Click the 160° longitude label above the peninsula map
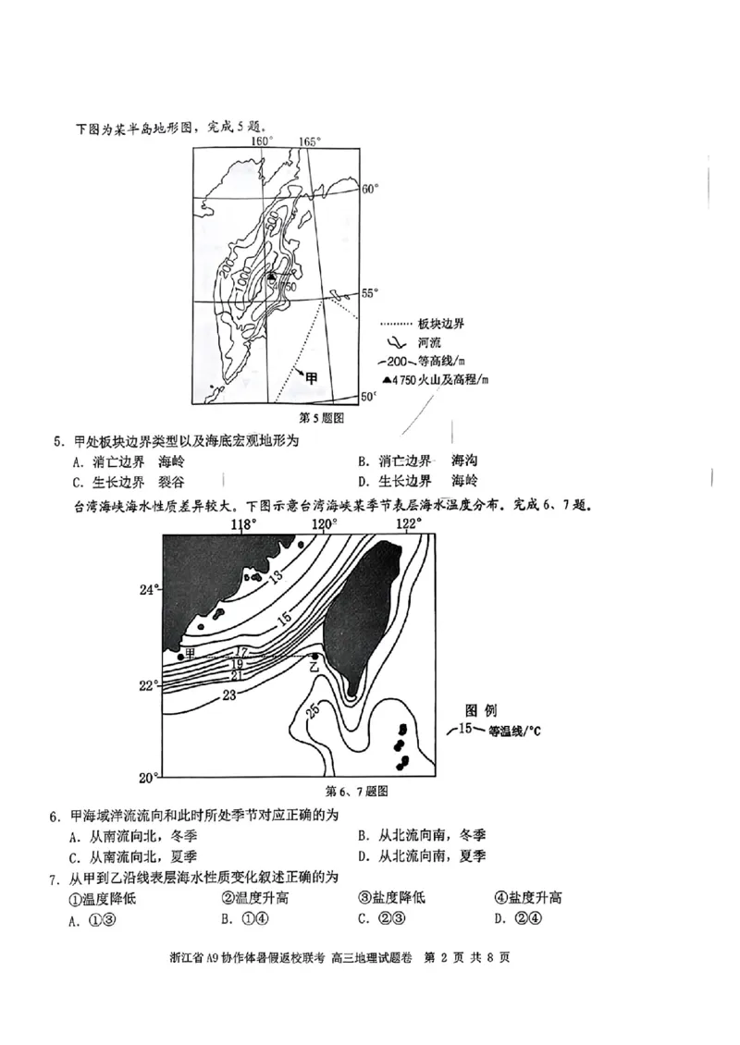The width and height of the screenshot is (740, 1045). point(263,141)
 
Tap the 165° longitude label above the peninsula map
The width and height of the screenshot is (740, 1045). point(309,141)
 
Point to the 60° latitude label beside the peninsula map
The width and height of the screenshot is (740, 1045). point(370,189)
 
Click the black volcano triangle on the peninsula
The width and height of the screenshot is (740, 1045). point(271,277)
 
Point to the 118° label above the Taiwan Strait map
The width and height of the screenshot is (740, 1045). point(243,524)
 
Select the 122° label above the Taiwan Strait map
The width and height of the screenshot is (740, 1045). point(409,524)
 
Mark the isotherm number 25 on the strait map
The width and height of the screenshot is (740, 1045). point(312,710)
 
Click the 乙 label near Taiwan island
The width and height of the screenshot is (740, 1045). point(314,666)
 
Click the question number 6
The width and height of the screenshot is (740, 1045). point(55,817)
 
